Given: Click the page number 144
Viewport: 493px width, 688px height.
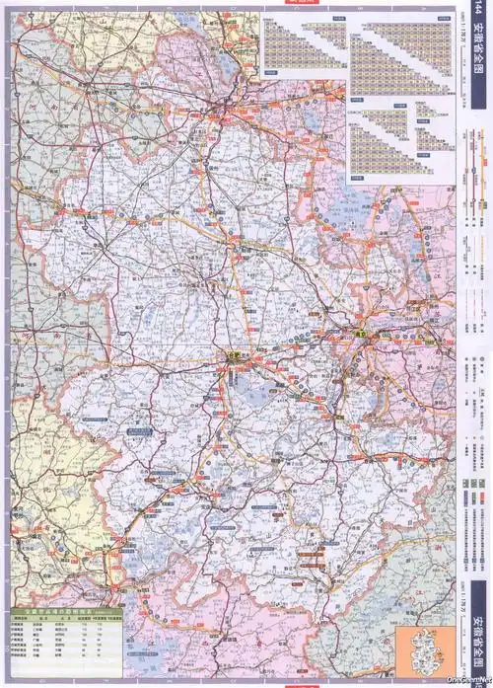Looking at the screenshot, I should (480, 15).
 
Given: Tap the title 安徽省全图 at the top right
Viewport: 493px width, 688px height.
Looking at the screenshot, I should (480, 64).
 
